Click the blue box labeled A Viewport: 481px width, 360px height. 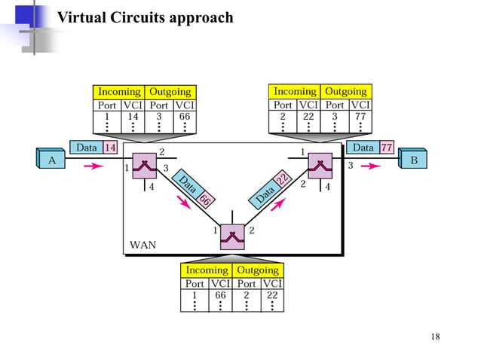click(52, 160)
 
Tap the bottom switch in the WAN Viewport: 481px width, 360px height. click(232, 237)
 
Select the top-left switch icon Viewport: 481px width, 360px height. click(143, 166)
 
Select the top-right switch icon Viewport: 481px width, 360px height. click(320, 165)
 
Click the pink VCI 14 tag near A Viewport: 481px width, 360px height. click(110, 147)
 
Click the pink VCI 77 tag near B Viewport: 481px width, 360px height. click(387, 147)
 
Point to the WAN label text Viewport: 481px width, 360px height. click(143, 245)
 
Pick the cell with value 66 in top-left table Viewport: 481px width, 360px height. click(184, 117)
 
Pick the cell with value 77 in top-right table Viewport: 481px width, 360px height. click(360, 117)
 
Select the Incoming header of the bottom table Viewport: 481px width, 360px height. click(207, 270)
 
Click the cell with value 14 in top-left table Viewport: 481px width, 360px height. click(133, 117)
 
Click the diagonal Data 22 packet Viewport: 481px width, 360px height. click(273, 188)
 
